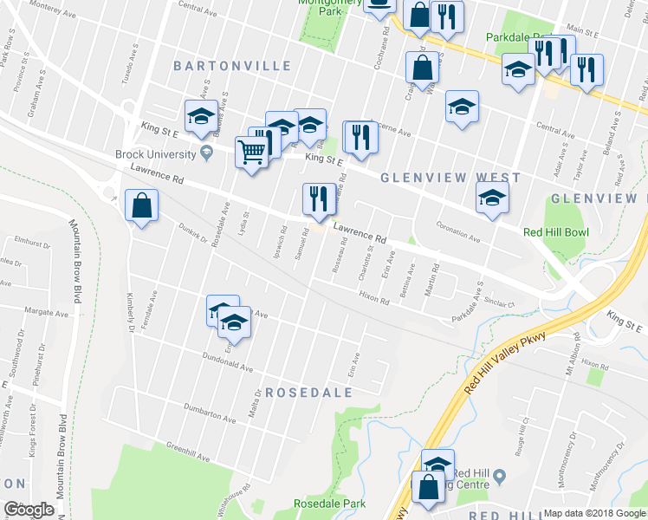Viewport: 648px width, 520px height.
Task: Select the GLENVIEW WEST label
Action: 451,178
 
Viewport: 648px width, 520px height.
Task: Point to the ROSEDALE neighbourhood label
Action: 308,393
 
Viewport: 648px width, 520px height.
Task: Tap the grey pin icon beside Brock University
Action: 206,153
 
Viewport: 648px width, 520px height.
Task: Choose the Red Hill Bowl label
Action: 555,232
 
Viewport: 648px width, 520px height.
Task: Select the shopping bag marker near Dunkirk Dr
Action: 141,206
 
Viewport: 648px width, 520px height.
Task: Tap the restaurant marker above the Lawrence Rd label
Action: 319,198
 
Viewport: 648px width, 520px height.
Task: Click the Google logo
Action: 29,510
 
